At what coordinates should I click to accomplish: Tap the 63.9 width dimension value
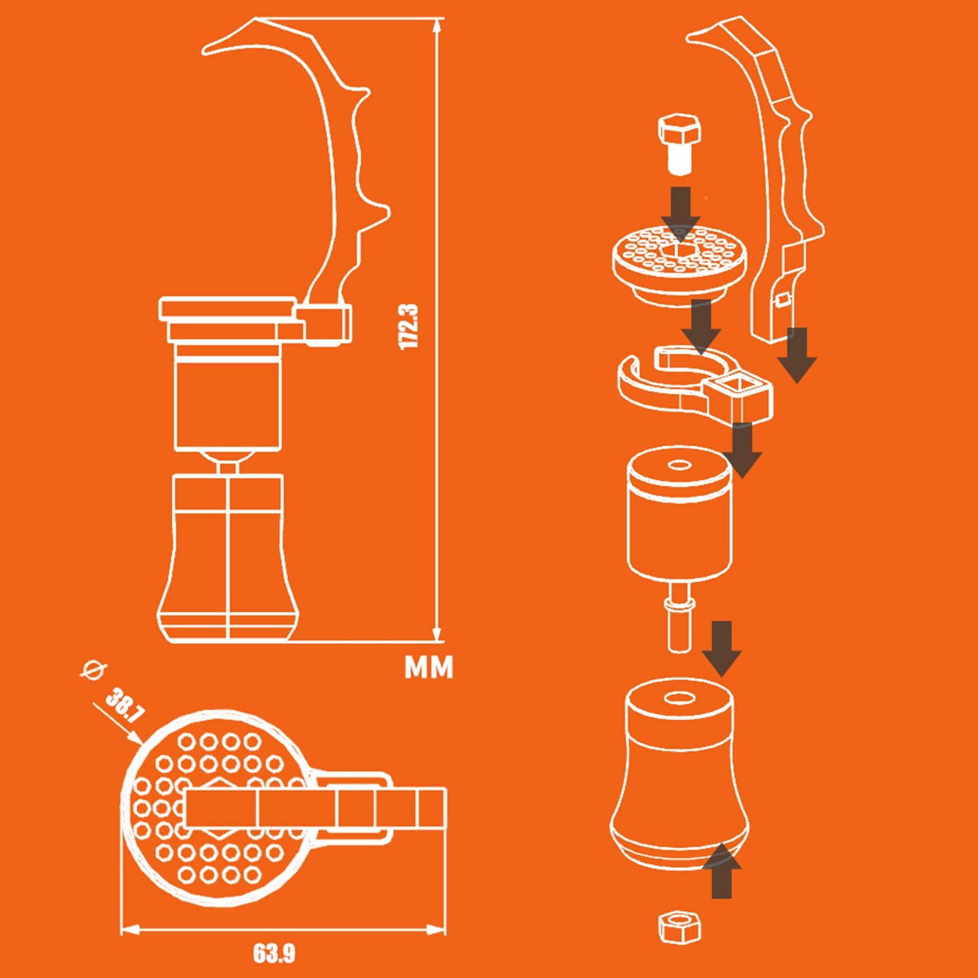click(x=274, y=954)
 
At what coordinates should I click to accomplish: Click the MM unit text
click(x=429, y=667)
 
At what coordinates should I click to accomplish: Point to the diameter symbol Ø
click(x=95, y=671)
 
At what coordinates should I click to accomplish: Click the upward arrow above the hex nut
click(x=722, y=870)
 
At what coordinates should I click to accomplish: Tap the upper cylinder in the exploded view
click(x=680, y=512)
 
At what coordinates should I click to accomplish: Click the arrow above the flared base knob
click(x=722, y=648)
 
